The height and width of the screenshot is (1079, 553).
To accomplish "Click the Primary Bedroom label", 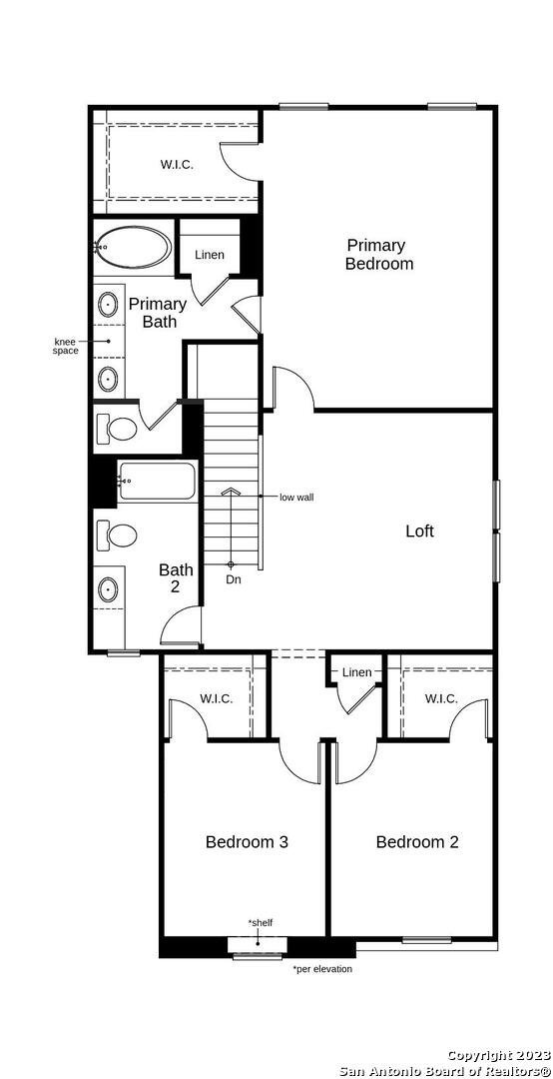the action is pos(379,254).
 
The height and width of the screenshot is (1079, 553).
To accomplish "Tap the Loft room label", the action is pos(419,531).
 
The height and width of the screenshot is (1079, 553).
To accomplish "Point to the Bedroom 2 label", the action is pos(417,841).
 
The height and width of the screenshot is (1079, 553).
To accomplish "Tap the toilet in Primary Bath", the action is pos(117,429).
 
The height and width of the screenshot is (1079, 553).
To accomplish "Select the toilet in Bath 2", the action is pos(116,535).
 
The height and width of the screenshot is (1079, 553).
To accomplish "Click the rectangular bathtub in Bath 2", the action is pos(158,483).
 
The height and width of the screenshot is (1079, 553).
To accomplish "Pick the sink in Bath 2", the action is pos(108,589).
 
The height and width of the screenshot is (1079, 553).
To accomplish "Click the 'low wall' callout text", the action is pos(296,497).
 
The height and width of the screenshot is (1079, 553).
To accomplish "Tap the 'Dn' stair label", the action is pos(234,579).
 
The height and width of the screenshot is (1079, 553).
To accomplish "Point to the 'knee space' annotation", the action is pos(66,346).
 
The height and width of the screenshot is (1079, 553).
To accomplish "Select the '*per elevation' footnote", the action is pos(322,969).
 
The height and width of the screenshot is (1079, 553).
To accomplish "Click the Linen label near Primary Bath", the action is pos(209,255).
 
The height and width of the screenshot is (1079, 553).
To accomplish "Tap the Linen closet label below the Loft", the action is pos(357,672).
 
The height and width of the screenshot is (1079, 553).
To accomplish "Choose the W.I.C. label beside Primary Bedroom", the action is pos(177,165).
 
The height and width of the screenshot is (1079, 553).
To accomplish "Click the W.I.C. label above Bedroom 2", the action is pos(441,698).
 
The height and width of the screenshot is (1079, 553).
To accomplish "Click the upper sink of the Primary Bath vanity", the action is pos(109,304).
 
